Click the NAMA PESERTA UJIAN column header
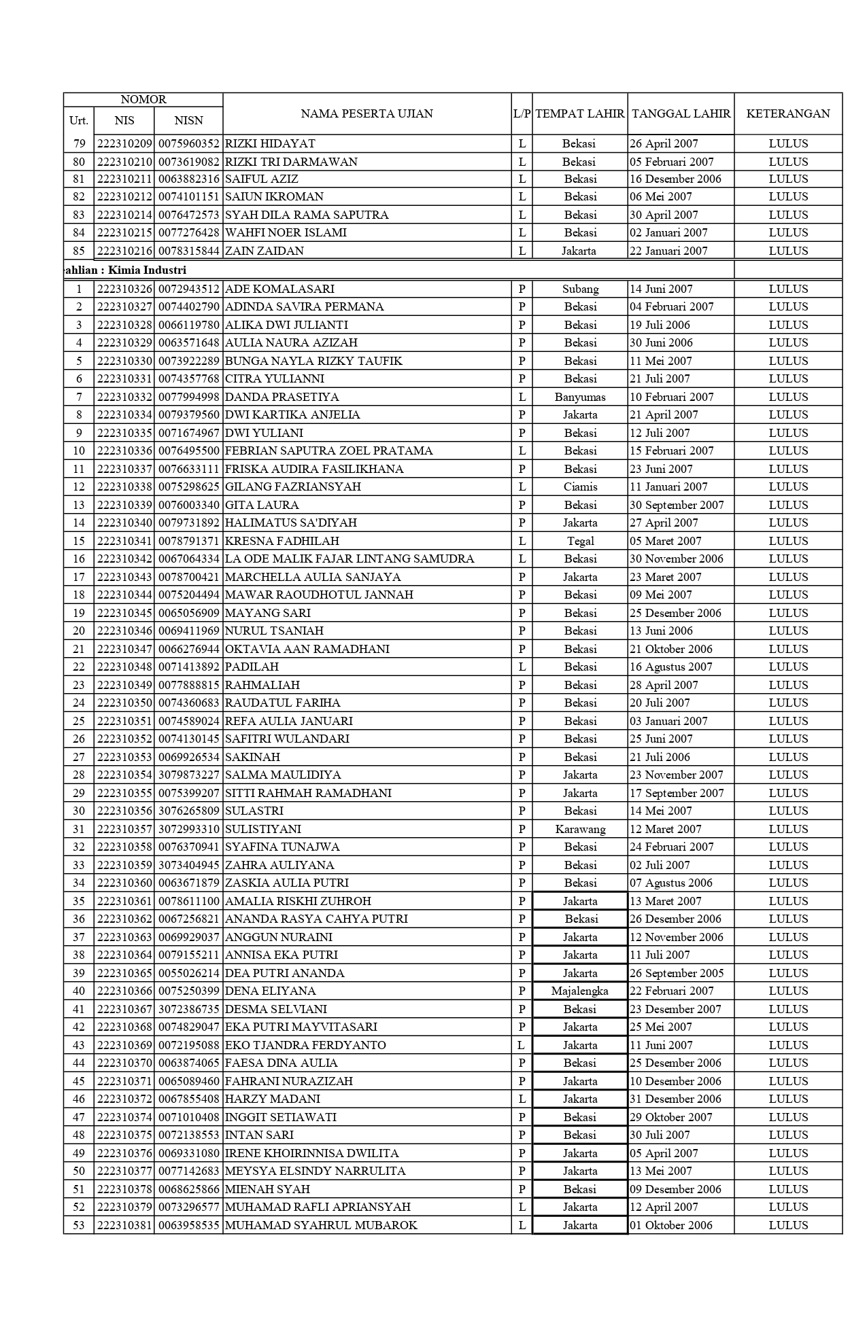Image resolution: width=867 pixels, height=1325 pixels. [x=367, y=113]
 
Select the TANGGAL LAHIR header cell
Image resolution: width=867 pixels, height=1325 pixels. [x=681, y=113]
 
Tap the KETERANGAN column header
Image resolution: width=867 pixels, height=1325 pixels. [x=787, y=113]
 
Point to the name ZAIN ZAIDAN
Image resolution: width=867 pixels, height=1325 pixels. [x=264, y=251]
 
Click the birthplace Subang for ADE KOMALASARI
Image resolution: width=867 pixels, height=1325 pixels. [x=580, y=289]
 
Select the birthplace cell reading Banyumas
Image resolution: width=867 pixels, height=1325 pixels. [x=580, y=397]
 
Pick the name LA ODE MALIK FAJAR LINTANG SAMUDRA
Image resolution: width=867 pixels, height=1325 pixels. [x=350, y=559]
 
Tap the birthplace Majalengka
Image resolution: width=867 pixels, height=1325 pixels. [x=580, y=991]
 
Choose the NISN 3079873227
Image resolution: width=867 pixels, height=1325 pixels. [x=188, y=775]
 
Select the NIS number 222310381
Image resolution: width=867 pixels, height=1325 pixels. [x=124, y=1225]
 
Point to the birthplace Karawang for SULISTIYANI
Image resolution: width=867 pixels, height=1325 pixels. [x=580, y=829]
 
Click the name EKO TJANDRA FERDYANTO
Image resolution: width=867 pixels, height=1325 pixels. [x=305, y=1045]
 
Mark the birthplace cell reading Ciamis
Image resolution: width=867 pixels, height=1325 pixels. [x=580, y=487]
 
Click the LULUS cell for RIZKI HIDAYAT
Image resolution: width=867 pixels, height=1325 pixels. [x=788, y=143]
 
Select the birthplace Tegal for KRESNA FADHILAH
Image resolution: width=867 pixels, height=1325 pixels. [x=580, y=541]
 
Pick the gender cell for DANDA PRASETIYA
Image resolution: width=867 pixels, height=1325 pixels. [x=522, y=397]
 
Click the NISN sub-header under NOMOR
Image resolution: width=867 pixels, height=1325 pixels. [x=188, y=120]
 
